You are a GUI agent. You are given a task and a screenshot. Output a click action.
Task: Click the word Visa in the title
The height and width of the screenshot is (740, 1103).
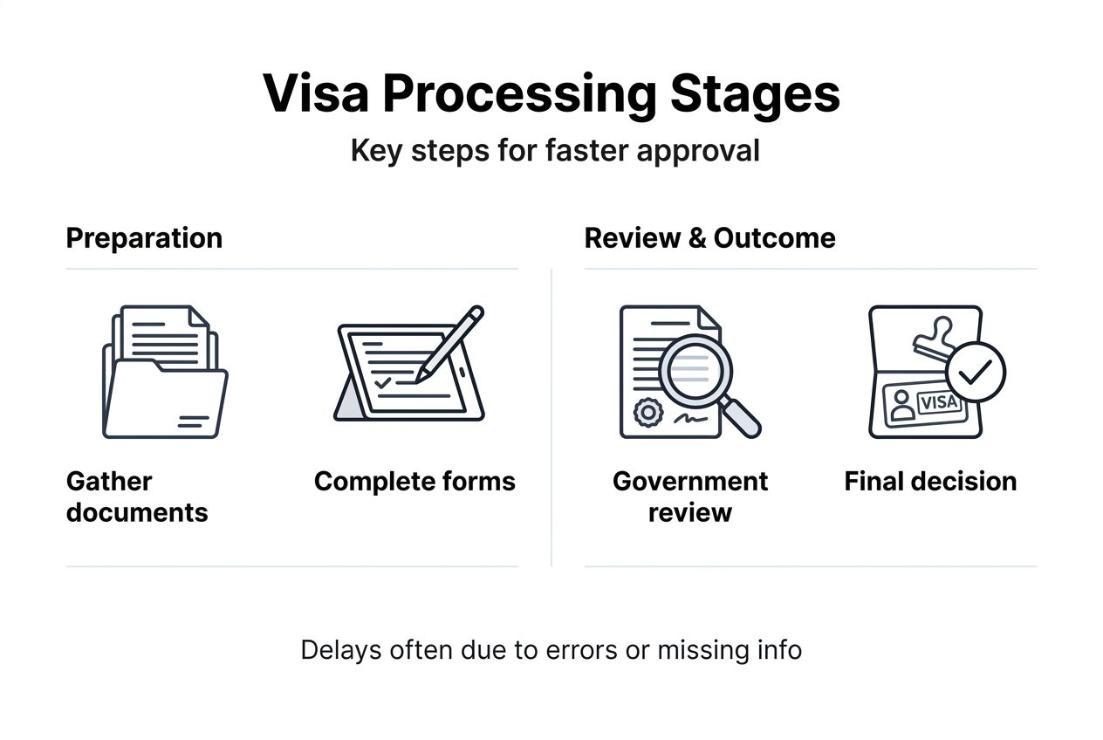point(315,94)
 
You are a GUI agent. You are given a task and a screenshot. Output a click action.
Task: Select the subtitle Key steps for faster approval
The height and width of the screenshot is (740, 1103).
point(555,150)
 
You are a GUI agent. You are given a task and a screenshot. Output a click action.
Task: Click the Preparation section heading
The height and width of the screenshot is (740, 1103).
point(144,238)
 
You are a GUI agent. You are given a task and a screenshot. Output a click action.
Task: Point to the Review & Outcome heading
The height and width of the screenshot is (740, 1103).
point(709,238)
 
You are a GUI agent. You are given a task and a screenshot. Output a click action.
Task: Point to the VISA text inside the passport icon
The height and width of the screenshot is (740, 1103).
point(939,403)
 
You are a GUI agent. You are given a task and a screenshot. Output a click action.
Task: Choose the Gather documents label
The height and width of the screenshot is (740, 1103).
point(137,497)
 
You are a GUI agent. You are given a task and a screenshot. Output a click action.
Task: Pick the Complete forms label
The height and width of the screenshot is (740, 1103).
point(414,482)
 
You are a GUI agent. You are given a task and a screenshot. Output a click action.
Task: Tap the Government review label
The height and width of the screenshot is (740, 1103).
point(690,497)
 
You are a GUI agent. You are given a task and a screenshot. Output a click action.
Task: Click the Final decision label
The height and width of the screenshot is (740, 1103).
point(930,482)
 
